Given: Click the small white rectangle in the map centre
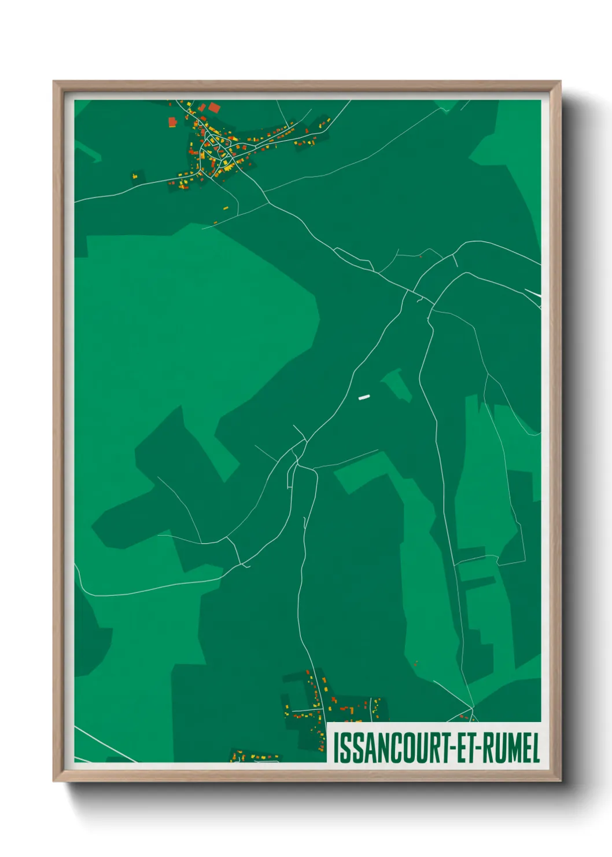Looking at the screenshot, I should [364, 397].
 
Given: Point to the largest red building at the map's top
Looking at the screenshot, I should [214, 107].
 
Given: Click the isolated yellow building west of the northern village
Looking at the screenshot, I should [135, 174].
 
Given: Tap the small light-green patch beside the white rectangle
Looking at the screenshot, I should [397, 383].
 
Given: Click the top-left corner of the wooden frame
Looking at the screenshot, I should [54, 82].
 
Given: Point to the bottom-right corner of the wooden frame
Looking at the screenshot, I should [560, 781].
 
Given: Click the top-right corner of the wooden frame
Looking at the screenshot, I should [560, 82].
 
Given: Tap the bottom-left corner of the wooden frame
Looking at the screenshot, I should [54, 781].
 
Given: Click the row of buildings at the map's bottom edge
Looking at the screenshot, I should [255, 756].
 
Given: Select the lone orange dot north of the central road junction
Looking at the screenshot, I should [421, 255].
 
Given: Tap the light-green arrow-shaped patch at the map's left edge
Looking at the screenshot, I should [87, 152].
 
